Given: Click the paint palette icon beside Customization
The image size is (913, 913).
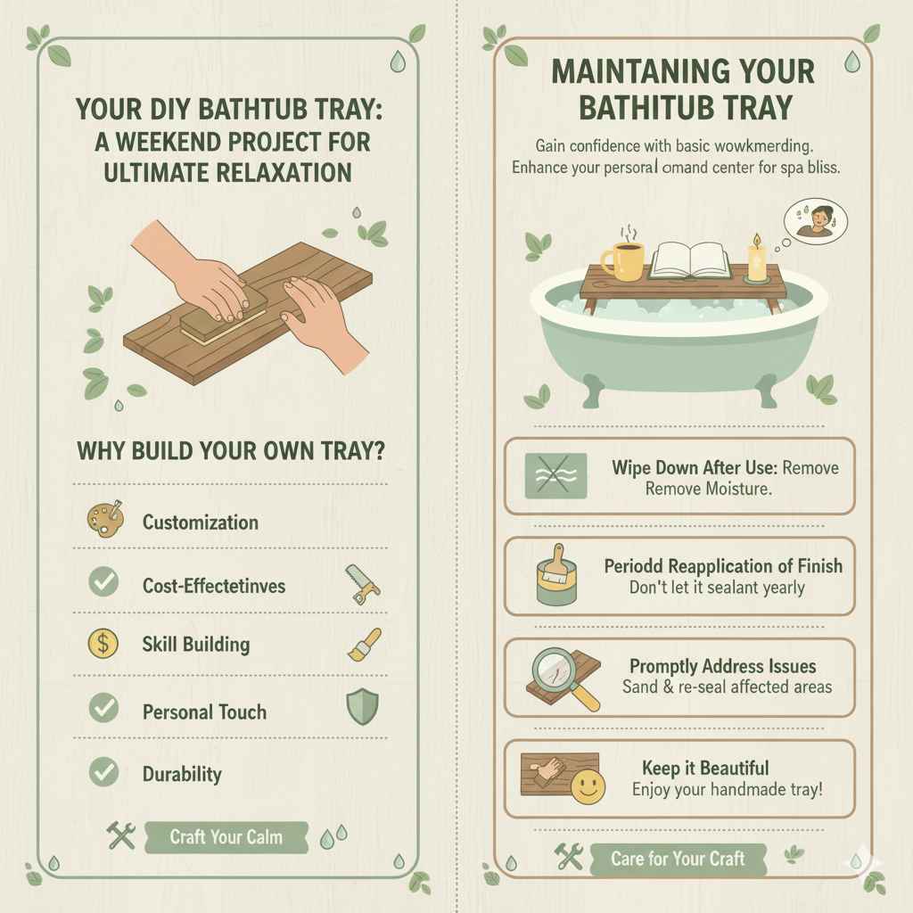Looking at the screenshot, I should click(103, 521).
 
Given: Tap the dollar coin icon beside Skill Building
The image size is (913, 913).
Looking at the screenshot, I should click(103, 644).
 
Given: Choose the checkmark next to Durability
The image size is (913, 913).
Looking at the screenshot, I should click(103, 772).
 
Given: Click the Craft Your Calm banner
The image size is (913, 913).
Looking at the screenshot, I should click(226, 837).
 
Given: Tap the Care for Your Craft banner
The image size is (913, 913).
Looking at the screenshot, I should click(677, 859).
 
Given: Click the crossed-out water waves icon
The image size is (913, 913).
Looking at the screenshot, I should click(555, 474).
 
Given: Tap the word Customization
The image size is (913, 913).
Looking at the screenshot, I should click(201, 522).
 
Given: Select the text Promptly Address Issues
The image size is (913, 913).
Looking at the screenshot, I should click(722, 666).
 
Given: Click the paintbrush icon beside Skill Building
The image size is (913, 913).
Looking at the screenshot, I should click(363, 644).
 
